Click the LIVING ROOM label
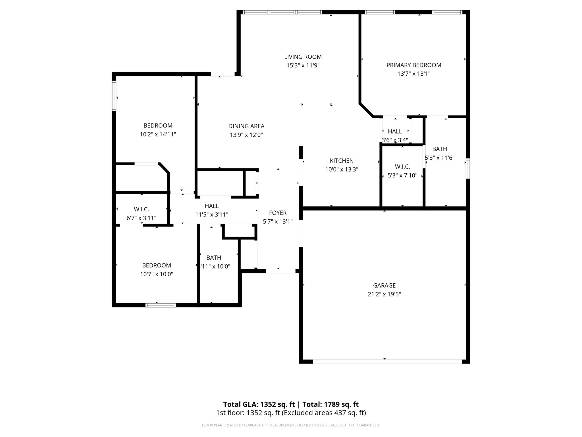[x=303, y=57]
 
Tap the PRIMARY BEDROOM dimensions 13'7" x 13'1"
[x=414, y=74]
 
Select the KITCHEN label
[x=342, y=161]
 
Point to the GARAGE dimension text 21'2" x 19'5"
[x=384, y=294]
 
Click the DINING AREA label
[x=246, y=126]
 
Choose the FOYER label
[x=278, y=213]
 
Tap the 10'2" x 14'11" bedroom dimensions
[x=158, y=134]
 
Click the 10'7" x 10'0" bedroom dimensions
[x=157, y=274]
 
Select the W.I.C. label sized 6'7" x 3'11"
[x=141, y=209]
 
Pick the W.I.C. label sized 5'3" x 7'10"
[x=402, y=167]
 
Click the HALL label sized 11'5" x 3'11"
[x=212, y=206]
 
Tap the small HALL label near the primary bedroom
[x=395, y=131]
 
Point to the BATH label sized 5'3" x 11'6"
[x=440, y=149]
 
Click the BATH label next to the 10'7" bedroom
[x=214, y=258]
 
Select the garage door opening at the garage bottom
[x=387, y=362]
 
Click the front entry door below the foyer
[x=280, y=271]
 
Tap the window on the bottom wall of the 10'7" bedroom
[x=161, y=305]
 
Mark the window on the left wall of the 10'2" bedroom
[x=114, y=96]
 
